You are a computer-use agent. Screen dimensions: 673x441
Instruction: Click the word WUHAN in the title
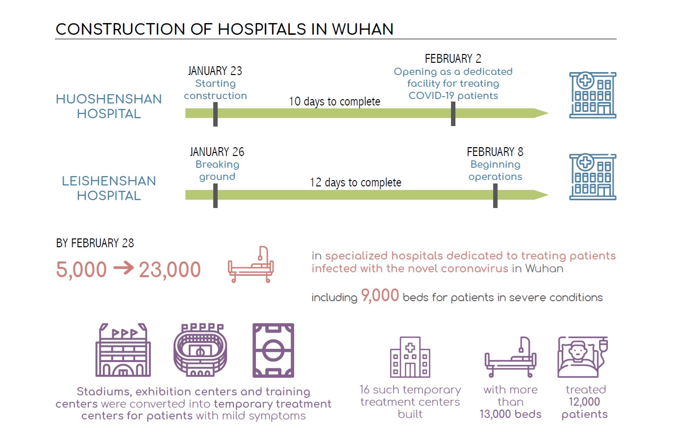coord(363,29)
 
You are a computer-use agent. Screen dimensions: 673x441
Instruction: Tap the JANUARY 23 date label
coord(215,71)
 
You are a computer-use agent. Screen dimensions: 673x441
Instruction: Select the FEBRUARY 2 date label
coord(453,58)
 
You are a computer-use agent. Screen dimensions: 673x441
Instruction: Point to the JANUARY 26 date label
coord(217,152)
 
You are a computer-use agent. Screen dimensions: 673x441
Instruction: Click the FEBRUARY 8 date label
coord(495,152)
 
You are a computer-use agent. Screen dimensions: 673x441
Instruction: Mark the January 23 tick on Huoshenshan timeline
coord(215,114)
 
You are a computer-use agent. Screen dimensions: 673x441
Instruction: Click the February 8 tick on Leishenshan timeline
coord(495,196)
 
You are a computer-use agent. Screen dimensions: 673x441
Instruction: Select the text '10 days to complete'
coord(334,102)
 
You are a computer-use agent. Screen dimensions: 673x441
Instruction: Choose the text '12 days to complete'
coord(355,182)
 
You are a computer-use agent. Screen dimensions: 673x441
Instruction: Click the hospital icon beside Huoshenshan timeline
coord(593,95)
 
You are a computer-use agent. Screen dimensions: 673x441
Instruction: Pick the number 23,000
coord(170,270)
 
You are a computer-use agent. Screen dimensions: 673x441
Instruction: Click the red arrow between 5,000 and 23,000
coord(124,267)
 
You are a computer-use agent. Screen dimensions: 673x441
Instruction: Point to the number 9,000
coord(380,295)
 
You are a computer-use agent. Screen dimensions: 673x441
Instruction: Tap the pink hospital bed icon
coord(251,264)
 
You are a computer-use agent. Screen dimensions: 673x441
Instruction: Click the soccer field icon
coord(273,350)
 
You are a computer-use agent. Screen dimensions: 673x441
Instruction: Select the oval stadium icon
coord(200,350)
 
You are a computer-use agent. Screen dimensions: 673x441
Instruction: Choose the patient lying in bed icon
coord(583,357)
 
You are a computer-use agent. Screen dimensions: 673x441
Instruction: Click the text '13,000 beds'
coord(510,414)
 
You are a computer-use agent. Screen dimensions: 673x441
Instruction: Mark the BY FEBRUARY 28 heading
coord(95,243)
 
